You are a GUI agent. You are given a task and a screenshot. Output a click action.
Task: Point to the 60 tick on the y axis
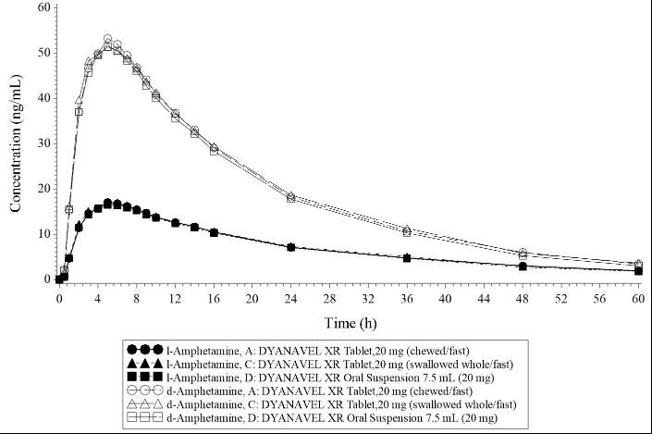pos(43,7)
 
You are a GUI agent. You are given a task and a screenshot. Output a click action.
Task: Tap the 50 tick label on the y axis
pos(43,53)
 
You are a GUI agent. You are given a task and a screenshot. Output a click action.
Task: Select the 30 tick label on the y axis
pos(43,143)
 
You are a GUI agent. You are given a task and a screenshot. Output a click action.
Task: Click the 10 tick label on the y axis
pos(43,234)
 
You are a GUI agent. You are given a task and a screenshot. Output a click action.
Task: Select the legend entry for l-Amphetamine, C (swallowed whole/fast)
pos(314,364)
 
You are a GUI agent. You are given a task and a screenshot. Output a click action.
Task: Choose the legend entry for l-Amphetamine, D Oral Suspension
pos(314,378)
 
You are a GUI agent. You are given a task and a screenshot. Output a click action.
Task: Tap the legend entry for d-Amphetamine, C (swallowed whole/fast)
pos(314,405)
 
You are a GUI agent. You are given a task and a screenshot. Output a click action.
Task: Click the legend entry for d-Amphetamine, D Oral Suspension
pos(314,419)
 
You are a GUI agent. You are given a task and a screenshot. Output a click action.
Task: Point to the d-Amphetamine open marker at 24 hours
pos(290,197)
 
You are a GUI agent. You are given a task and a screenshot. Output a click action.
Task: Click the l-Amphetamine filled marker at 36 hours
pos(406,257)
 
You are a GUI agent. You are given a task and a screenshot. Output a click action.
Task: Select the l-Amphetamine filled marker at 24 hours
pos(290,247)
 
